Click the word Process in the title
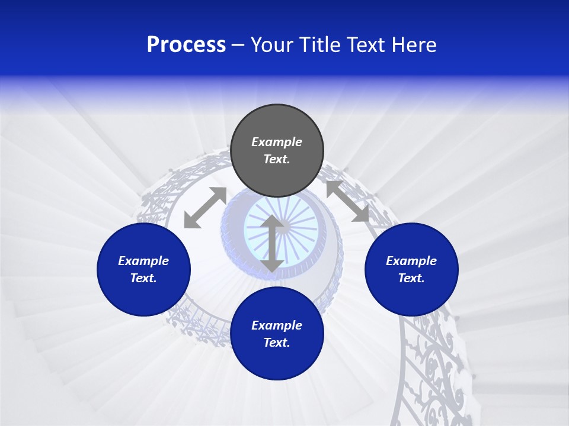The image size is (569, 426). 186,45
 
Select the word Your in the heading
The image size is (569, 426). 274,45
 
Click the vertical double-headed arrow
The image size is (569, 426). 272,244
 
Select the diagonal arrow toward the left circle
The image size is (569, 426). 205,208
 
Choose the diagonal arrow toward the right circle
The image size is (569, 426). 347,202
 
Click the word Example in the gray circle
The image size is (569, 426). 277,142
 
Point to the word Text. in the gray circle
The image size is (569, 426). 277,159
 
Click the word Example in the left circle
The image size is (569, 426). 143,261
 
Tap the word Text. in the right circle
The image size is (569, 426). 411,278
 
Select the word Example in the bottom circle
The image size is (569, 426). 277,325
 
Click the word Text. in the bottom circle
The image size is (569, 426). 277,343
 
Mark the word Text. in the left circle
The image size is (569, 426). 143,278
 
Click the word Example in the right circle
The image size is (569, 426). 411,261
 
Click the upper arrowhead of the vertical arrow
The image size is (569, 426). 272,221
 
